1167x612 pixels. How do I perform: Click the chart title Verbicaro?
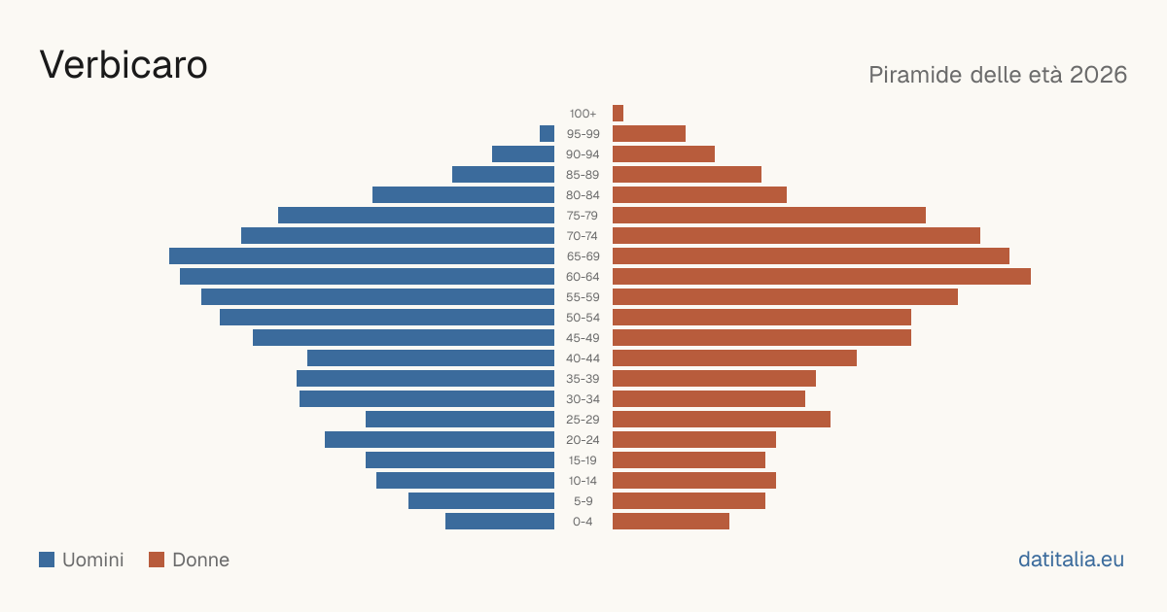tap(124, 65)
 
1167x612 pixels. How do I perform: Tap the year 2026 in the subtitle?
tap(1098, 75)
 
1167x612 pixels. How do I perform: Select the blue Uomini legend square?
tap(47, 560)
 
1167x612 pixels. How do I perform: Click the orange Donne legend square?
tap(157, 560)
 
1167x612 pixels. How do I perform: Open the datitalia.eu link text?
tap(1071, 560)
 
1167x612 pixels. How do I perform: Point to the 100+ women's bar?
tap(618, 113)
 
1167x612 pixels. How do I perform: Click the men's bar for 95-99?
tap(547, 133)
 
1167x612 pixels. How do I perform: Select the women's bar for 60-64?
tap(822, 276)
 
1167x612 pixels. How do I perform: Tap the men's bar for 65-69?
tap(362, 256)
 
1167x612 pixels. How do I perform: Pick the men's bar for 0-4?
tap(500, 521)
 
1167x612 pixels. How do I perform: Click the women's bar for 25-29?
tap(722, 419)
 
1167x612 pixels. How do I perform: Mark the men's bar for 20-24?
tap(440, 440)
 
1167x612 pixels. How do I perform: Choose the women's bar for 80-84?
tap(699, 194)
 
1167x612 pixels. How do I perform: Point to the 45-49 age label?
tap(583, 338)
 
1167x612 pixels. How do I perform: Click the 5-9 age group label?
tap(583, 500)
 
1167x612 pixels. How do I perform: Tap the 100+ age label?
tap(583, 113)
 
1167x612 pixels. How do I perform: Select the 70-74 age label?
tap(583, 236)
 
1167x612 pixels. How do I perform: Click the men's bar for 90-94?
tap(523, 154)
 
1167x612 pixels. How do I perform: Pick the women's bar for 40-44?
tap(734, 358)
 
